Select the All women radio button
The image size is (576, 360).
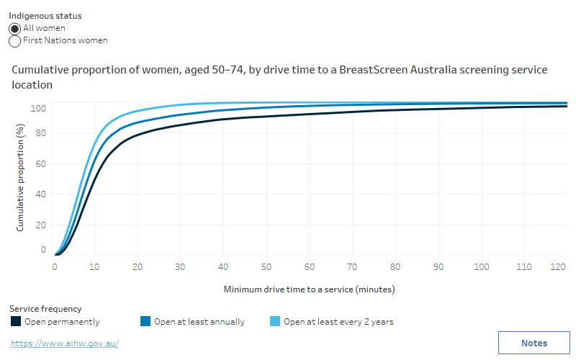[x=15, y=28]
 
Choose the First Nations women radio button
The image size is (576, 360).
[x=15, y=41]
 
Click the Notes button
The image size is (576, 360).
[x=534, y=343]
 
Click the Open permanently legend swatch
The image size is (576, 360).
[x=16, y=322]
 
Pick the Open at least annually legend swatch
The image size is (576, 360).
[x=145, y=322]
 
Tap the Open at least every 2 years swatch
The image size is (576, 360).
[x=275, y=322]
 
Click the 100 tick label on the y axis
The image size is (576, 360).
[x=39, y=108]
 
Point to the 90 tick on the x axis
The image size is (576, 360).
[x=438, y=266]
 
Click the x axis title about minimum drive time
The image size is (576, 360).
[x=309, y=289]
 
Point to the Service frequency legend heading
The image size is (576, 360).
[x=45, y=309]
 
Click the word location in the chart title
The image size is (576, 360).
[x=32, y=84]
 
